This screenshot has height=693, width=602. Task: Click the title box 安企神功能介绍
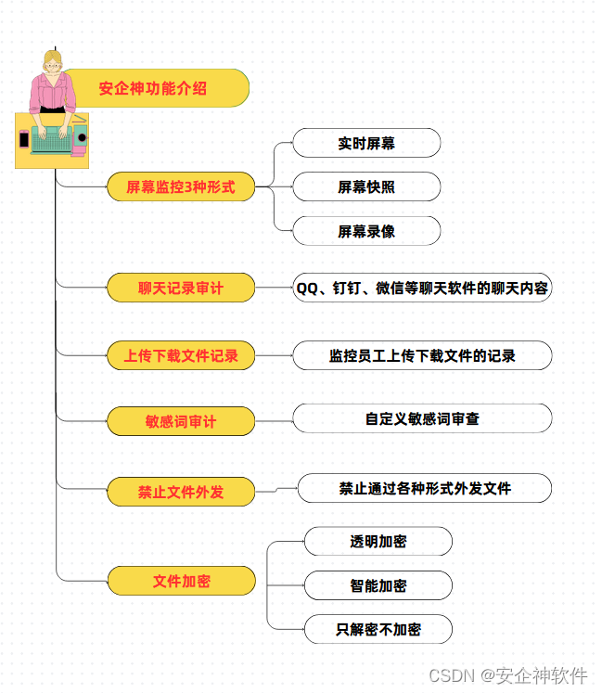click(153, 89)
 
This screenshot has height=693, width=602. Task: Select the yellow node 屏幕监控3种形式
click(181, 187)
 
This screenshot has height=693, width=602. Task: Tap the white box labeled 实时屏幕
click(366, 144)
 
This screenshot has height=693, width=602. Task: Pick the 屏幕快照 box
click(366, 187)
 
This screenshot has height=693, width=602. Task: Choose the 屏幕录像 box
click(366, 231)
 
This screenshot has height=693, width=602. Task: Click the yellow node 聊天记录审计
click(181, 289)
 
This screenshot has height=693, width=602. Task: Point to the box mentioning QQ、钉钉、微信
click(422, 289)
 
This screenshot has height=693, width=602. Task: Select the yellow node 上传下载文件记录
click(181, 355)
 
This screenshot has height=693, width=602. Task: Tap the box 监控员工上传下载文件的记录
click(422, 355)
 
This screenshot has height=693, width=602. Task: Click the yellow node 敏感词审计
click(181, 421)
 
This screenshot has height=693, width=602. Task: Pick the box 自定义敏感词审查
click(422, 419)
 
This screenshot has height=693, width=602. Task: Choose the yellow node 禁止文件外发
click(181, 492)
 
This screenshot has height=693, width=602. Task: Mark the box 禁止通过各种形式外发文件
click(425, 488)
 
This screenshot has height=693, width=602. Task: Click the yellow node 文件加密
click(181, 582)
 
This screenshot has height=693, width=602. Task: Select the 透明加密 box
click(378, 542)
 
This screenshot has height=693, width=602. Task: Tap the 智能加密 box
click(378, 586)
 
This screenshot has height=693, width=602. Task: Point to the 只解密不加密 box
click(378, 630)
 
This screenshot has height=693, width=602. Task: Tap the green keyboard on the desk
click(52, 139)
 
